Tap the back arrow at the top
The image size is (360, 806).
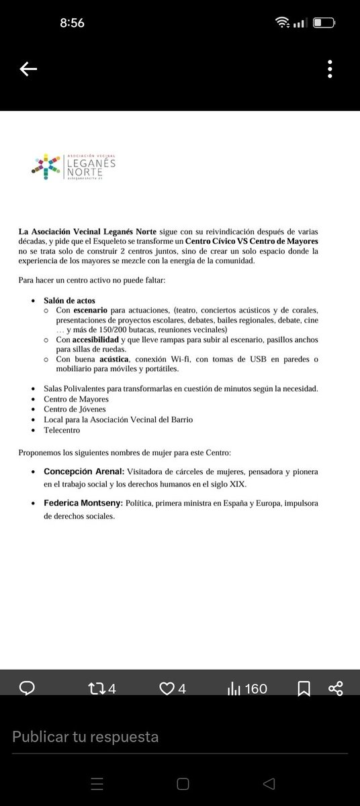click(x=28, y=69)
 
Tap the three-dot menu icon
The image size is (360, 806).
click(x=330, y=69)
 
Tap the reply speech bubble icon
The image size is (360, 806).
click(x=28, y=688)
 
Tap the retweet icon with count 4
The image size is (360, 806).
click(x=103, y=688)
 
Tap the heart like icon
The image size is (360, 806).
click(x=172, y=688)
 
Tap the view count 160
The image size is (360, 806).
click(x=247, y=688)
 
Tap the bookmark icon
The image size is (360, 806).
click(x=304, y=688)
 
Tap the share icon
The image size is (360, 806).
click(x=336, y=688)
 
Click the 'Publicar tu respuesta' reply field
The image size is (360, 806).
click(x=85, y=737)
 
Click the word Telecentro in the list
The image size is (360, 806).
click(x=62, y=430)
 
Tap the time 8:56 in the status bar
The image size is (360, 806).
click(x=72, y=23)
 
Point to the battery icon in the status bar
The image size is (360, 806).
click(x=326, y=23)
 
